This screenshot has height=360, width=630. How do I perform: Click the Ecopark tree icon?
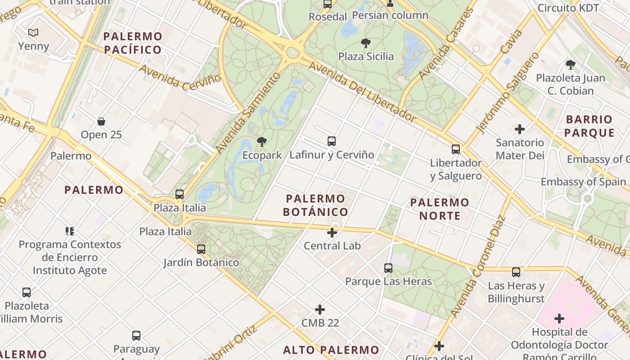click(261, 142)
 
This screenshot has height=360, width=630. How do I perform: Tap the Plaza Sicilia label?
click(366, 56)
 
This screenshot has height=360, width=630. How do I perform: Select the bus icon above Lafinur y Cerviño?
click(332, 141)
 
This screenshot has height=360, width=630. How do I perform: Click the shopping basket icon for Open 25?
click(101, 121)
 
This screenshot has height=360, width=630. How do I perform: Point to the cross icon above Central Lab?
click(332, 233)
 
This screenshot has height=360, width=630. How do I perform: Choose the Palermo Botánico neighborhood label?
click(315, 205)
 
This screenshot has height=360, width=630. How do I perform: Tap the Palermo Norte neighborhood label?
click(440, 209)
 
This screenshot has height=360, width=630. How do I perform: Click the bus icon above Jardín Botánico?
click(201, 249)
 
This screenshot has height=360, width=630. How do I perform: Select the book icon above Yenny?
click(33, 32)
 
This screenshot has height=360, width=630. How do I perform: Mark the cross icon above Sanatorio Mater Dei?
click(520, 129)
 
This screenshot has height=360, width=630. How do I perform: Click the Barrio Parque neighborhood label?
click(589, 126)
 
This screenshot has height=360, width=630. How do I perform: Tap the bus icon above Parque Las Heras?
click(388, 268)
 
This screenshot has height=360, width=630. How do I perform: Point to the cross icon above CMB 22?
click(320, 310)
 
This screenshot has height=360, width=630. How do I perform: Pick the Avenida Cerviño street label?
click(180, 77)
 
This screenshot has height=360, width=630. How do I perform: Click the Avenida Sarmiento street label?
click(247, 113)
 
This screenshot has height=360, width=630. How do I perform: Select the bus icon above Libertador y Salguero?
click(456, 149)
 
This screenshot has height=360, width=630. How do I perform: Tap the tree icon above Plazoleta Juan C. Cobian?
click(571, 65)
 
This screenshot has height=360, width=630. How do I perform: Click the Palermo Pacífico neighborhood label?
click(133, 43)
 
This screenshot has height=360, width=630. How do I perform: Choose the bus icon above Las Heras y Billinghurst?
click(516, 272)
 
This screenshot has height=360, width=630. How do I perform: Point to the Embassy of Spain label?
click(583, 182)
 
